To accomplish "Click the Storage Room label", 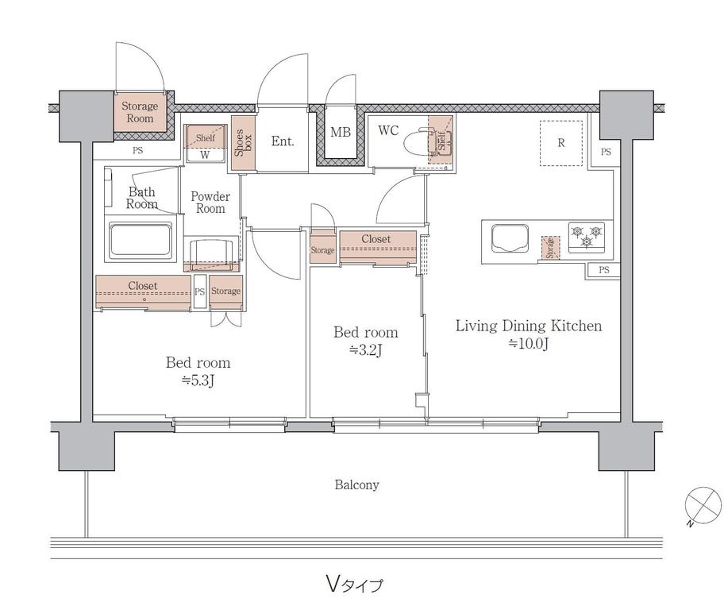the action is coord(140,112).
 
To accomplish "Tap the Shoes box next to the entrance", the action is coord(243,143).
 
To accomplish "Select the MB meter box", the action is coord(341,132).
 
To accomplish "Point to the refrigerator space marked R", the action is coord(561,143).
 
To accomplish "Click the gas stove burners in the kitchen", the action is coord(587,237).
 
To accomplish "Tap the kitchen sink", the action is coord(510,239).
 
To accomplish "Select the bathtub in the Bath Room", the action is coord(141,239).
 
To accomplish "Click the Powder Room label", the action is coord(210,203).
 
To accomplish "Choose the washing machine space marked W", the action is coord(205,155).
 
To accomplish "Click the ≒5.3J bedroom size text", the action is coord(198,380).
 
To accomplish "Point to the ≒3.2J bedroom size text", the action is coord(366,351).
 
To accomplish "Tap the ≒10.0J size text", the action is coord(529,344).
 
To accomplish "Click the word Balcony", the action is coord(357,485).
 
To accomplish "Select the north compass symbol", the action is coord(703,506).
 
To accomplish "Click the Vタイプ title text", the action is coord(355,585).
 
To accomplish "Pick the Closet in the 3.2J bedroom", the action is coord(378,247).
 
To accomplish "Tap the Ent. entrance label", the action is coord(283,141).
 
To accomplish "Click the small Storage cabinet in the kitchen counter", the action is coord(550,248).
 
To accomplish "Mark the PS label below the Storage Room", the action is coord(137,150).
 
